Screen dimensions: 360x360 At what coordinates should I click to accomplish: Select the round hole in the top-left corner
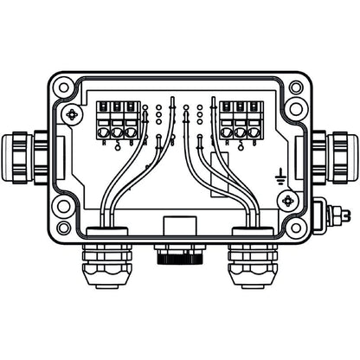[x=62, y=88]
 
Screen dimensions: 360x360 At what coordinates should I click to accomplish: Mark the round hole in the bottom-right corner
[x=296, y=227]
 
